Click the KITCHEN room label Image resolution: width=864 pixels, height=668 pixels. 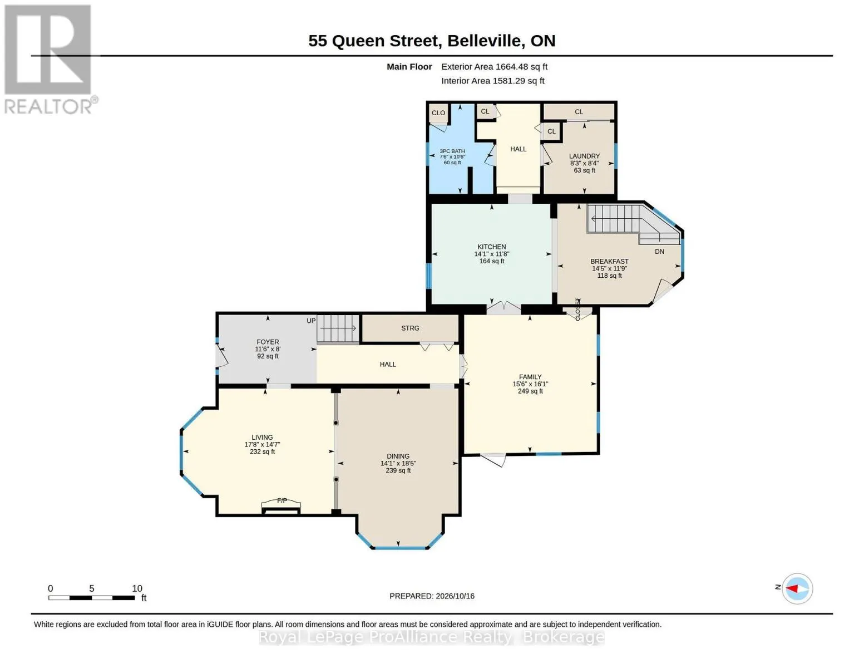point(491,247)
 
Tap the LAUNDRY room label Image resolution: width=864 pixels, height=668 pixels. point(584,156)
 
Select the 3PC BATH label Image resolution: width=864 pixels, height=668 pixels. point(452,151)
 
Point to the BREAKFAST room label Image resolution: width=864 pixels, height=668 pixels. point(609,262)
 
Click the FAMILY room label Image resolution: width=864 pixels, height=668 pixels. point(530,377)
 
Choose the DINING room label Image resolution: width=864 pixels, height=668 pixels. point(398,456)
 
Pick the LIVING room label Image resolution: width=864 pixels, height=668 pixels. point(262,437)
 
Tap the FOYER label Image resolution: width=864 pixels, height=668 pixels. point(268,342)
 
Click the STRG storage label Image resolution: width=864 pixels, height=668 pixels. point(410,328)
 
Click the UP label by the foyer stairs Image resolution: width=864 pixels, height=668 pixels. point(311,321)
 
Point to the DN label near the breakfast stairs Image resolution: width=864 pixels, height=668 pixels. point(659,252)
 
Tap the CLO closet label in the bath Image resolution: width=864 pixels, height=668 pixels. point(438,113)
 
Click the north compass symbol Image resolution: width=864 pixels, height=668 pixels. point(797,588)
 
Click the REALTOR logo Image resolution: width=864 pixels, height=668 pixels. point(50,59)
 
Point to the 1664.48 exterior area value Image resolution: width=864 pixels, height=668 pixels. point(511,67)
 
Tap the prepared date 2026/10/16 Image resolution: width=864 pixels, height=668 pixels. point(455,596)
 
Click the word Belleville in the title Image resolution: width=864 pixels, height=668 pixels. point(484,41)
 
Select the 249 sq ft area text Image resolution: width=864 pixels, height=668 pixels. point(530,391)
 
